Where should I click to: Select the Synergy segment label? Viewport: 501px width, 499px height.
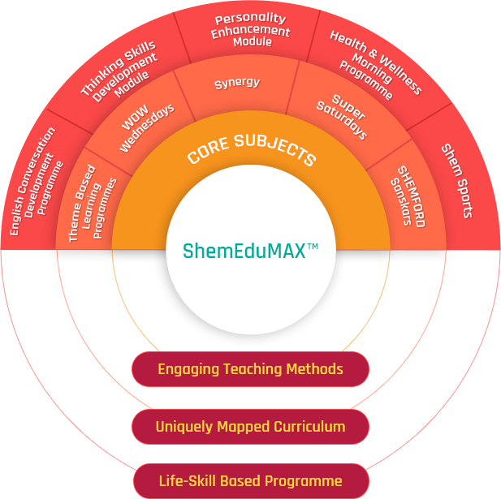(x=237, y=83)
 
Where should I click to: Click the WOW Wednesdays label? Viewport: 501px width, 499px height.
(x=145, y=127)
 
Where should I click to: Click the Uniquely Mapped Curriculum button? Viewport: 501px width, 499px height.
(x=250, y=427)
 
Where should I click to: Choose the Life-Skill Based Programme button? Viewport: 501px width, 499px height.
(x=250, y=481)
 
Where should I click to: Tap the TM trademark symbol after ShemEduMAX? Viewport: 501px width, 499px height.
(x=313, y=246)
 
